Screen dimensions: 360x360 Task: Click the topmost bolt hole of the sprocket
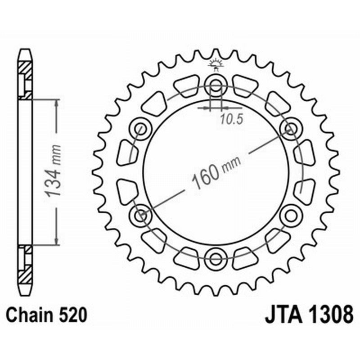pos(216,85)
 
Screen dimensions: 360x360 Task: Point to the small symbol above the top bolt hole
pos(216,65)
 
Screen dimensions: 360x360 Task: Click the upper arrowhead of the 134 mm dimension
pos(56,104)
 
